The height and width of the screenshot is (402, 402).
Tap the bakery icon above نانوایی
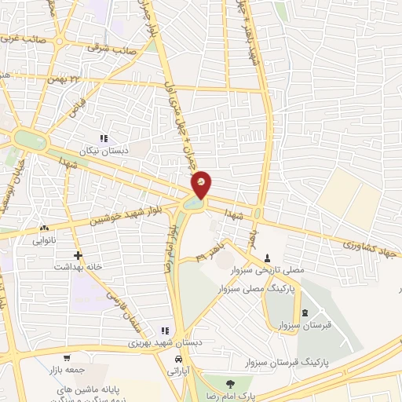click(43, 228)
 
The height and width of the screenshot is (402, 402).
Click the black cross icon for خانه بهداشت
click(78, 255)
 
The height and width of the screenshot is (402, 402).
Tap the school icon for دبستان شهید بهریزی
click(165, 331)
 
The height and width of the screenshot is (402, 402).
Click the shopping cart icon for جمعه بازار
click(66, 358)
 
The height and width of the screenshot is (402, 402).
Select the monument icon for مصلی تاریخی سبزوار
click(268, 258)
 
